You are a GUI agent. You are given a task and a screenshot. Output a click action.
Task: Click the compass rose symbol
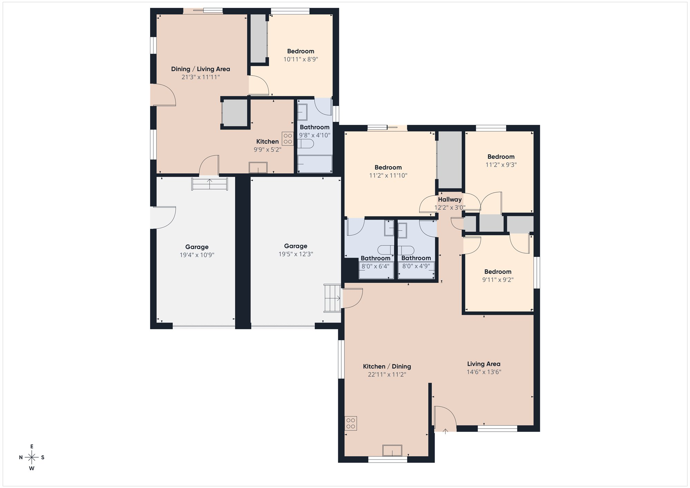[x=32, y=458]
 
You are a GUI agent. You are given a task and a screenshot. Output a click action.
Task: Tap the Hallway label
[x=450, y=199]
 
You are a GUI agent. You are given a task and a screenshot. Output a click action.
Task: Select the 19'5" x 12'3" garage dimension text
[x=296, y=254]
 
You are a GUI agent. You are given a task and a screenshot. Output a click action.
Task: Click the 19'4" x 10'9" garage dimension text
[x=197, y=255]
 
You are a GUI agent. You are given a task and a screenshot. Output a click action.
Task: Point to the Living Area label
[x=484, y=364]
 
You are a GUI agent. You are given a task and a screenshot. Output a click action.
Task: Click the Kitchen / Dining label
[x=387, y=367]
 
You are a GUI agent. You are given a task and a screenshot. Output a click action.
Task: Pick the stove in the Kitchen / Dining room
[x=351, y=423]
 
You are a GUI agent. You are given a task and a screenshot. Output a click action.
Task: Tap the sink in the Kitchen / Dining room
[x=392, y=450]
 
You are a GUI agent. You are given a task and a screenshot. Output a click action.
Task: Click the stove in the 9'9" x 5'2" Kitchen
[x=288, y=139]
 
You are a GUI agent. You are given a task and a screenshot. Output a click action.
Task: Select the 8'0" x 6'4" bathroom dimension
[x=375, y=266]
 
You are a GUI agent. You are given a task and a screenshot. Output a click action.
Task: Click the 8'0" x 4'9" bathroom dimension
[x=416, y=266]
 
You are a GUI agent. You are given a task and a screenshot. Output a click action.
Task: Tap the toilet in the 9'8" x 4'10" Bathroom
[x=306, y=144]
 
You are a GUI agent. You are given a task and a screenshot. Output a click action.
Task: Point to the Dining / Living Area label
[x=200, y=69]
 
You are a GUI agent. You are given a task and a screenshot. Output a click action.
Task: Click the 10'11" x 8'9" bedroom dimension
[x=300, y=59]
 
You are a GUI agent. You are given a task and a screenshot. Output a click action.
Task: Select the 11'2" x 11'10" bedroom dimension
[x=388, y=176]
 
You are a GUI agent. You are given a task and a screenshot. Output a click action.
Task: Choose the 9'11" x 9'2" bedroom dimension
[x=498, y=280]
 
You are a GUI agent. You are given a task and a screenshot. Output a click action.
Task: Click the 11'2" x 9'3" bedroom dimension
[x=501, y=165]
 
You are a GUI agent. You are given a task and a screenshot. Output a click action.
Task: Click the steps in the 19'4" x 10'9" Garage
[x=210, y=184]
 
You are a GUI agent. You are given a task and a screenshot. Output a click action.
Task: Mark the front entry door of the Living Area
[x=445, y=419]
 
